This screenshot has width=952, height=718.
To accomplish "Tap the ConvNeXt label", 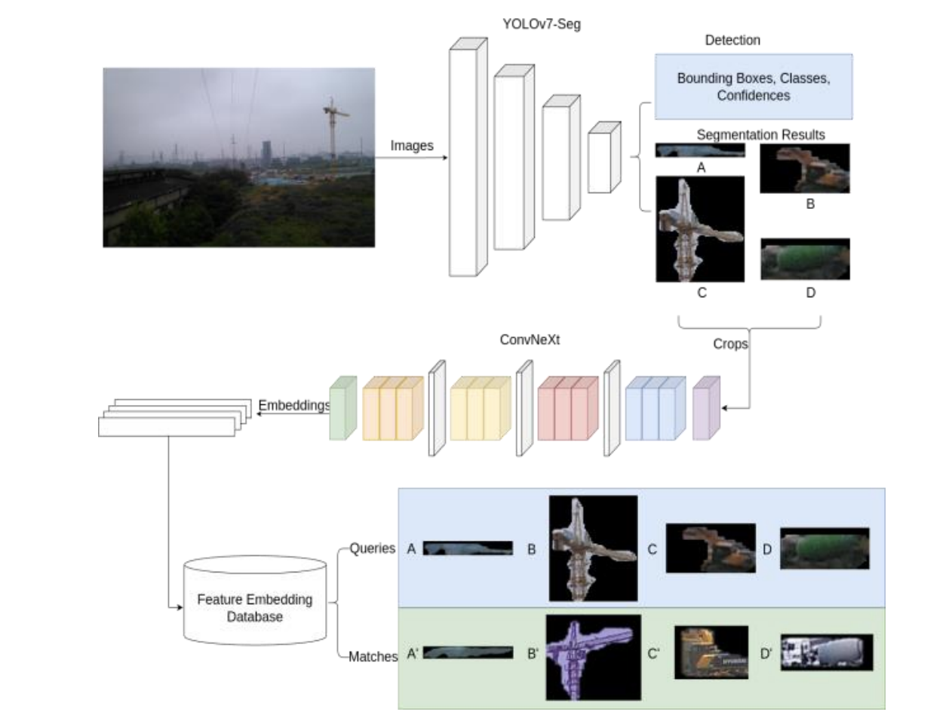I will coord(524,339).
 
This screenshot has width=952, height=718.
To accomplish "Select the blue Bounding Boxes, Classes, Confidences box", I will coord(753,87).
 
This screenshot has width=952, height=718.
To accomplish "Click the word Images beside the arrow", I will coord(412,146).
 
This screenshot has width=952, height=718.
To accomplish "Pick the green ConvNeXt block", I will coord(342,408).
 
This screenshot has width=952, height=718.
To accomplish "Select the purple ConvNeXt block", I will coord(706,408).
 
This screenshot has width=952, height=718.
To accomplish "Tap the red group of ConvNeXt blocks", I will coord(567,408).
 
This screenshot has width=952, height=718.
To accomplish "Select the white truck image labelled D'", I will coord(826,652).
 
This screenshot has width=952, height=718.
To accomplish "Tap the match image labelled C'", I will coord(711,652).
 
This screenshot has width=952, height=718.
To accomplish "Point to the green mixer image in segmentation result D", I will coord(805,259).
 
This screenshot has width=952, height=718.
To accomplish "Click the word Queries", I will coord(372,548).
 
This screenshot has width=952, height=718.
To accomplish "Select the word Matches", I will coord(373,657).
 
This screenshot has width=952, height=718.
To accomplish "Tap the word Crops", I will coord(730,344).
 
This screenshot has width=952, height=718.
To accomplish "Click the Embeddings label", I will coord(294,405).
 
